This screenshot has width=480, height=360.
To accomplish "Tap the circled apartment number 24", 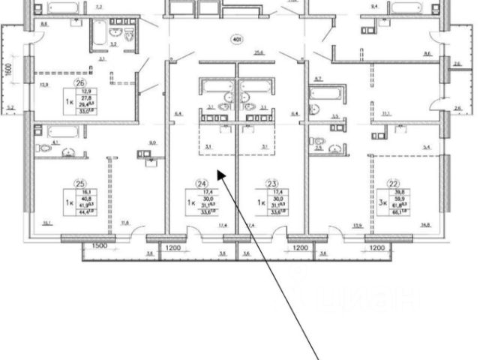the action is click(201, 182).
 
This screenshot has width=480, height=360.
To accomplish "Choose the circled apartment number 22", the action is click(393, 182).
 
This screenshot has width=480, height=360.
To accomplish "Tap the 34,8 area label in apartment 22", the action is click(425, 225).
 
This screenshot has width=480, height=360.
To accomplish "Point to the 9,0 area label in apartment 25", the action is click(152, 142).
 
